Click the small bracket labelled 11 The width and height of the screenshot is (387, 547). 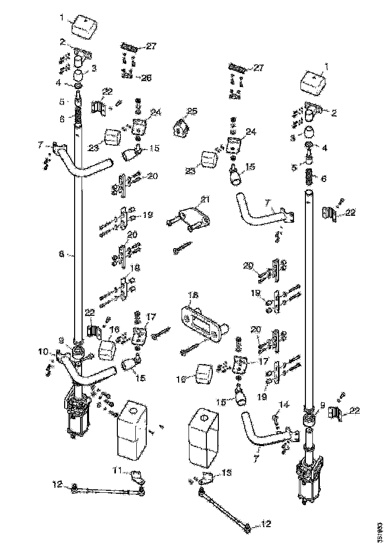point(137,478)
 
